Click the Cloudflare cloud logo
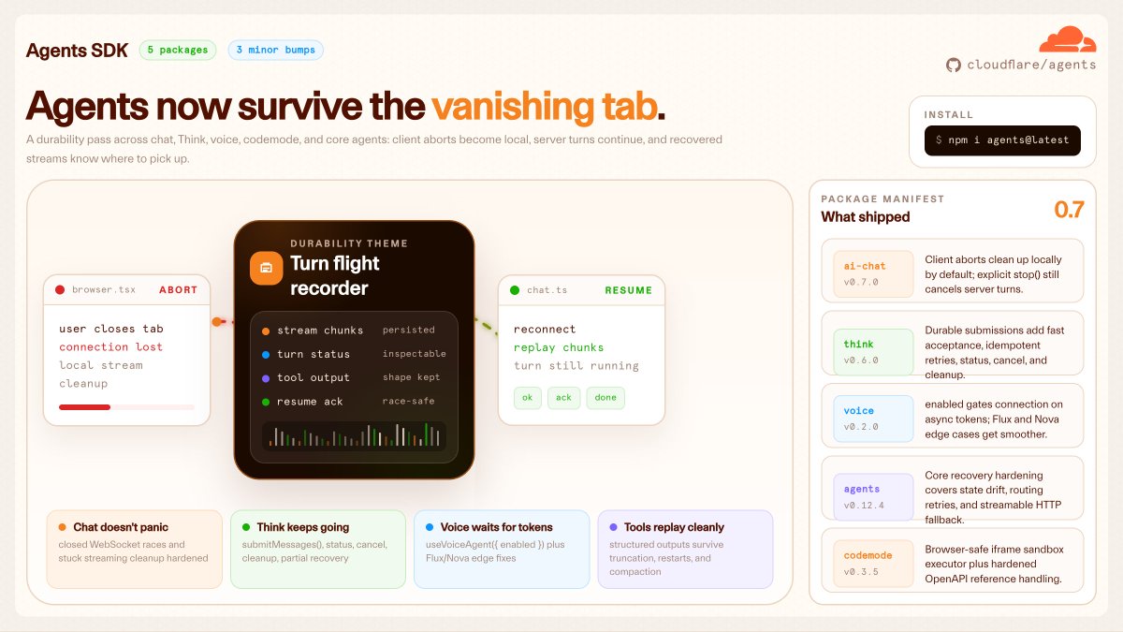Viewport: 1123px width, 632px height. (x=1068, y=39)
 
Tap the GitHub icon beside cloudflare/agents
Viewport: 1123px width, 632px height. (x=953, y=66)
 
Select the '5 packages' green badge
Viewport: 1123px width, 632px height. (x=178, y=51)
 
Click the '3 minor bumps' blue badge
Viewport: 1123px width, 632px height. (x=276, y=51)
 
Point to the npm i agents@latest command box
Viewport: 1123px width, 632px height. (x=1002, y=140)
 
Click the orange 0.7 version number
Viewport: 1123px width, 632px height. (x=1069, y=210)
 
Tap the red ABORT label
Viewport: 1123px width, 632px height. (x=178, y=290)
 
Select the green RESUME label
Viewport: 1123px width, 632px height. (x=628, y=290)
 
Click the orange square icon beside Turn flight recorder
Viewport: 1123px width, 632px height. (x=266, y=268)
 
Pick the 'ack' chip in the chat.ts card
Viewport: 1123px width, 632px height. (x=563, y=398)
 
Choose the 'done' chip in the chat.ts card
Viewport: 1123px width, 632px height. (x=605, y=398)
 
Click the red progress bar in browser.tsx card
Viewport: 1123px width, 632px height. (x=84, y=407)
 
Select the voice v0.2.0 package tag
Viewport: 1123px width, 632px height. (x=873, y=419)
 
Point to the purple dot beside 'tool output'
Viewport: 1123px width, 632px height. (x=266, y=378)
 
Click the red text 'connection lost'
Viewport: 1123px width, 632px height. (x=110, y=347)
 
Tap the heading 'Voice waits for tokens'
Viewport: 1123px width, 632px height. (x=496, y=527)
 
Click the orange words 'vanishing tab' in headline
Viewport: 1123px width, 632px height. (x=544, y=107)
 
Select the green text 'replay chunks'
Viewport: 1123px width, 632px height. (x=559, y=347)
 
